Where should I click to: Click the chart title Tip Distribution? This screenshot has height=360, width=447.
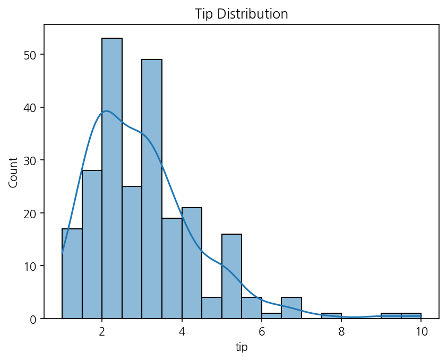[x=241, y=14]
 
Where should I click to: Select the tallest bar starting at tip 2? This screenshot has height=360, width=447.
[x=112, y=178]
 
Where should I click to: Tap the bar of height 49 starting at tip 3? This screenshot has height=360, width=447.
[x=152, y=188]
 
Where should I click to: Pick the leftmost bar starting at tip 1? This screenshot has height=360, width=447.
[x=72, y=273]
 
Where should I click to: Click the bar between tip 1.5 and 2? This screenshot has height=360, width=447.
[x=92, y=244]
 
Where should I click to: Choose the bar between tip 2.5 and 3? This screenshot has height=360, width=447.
[x=132, y=252]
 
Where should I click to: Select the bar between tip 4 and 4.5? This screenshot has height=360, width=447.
[x=192, y=263]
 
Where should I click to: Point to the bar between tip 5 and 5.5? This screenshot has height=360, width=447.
[x=232, y=276]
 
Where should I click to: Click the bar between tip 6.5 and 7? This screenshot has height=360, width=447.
[x=291, y=308]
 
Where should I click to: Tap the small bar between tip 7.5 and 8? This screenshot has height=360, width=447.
[x=331, y=316]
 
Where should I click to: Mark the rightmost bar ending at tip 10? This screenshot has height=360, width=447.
[x=411, y=316]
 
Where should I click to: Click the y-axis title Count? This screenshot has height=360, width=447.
[x=13, y=173]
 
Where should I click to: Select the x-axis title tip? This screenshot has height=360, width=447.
[x=242, y=347]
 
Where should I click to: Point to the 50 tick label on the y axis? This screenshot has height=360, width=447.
[x=30, y=55]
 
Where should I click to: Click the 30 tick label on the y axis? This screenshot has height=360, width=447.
[x=30, y=160]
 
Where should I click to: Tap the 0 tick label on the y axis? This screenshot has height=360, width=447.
[x=33, y=319]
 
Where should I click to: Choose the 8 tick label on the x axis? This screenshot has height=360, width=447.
[x=341, y=331]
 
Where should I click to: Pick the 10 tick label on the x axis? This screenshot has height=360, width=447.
[x=421, y=331]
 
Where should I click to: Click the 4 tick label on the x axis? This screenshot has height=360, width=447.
[x=182, y=331]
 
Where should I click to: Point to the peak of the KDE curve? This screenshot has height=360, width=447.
[x=107, y=111]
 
